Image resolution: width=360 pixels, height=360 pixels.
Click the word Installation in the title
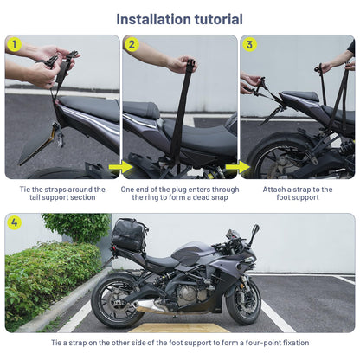(153, 19)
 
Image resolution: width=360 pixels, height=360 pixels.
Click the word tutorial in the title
(218, 19)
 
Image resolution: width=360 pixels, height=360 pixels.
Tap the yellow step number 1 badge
(14, 44)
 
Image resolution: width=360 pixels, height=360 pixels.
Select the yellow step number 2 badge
(132, 44)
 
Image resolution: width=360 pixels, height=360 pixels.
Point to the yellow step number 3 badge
(249, 44)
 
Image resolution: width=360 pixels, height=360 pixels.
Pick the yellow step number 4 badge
(14, 222)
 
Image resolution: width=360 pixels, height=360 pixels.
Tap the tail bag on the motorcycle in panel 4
(130, 234)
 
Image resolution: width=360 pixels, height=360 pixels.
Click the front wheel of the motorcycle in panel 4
(243, 301)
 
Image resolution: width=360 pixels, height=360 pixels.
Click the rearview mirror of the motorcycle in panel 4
(254, 231)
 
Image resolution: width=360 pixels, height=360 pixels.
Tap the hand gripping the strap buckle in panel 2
(183, 64)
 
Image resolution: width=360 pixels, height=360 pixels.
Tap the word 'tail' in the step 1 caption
(35, 197)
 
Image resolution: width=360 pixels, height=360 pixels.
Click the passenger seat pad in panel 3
(300, 96)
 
